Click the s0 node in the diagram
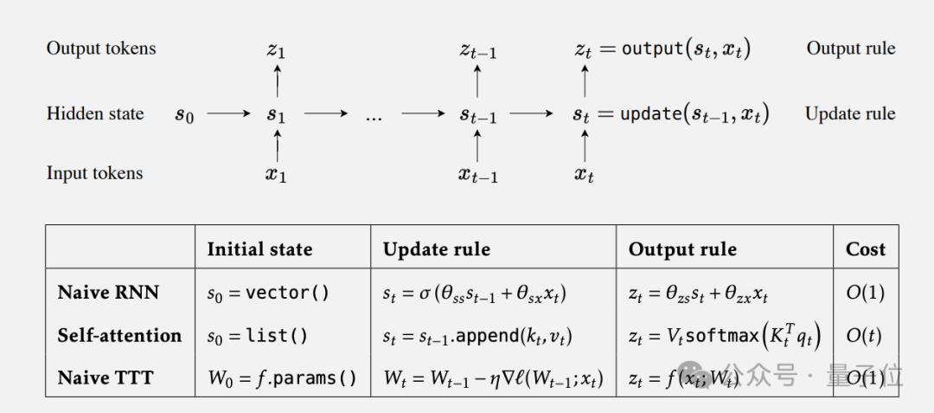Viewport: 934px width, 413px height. [184, 114]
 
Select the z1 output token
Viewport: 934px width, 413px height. [276, 51]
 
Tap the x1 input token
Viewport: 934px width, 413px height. [276, 175]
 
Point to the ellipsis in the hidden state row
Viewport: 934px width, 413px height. [374, 118]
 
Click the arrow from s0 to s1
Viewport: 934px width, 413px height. [228, 113]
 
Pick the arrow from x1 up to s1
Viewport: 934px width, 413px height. [277, 146]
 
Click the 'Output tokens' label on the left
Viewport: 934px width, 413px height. [101, 48]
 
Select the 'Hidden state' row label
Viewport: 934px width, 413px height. [95, 113]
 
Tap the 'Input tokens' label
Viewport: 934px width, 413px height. [95, 173]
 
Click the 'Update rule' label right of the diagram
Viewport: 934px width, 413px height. [850, 113]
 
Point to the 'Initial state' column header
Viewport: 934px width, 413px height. [259, 248]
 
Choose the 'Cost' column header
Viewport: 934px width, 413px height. [866, 248]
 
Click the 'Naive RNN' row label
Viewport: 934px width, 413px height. [108, 293]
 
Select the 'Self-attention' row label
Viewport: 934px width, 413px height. [119, 335]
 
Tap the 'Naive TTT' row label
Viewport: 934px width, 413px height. [106, 378]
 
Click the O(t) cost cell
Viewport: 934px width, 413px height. [864, 336]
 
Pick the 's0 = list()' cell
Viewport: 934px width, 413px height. [258, 336]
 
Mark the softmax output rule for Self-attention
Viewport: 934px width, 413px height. [725, 337]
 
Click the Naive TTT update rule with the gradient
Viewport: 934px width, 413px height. [493, 378]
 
